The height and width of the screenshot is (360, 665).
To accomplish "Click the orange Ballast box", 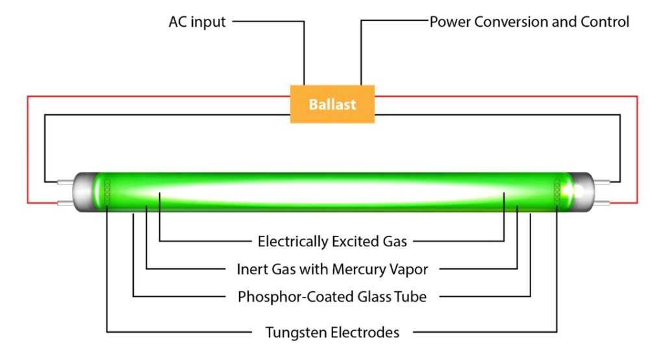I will pos(332,104).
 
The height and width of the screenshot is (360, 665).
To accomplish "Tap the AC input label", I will pos(197,21).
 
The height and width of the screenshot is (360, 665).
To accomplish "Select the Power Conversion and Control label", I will pos(529,21).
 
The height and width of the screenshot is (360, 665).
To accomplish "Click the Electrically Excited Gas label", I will pos(332,242).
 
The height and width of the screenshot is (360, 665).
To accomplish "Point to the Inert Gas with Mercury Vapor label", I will pos(332,269).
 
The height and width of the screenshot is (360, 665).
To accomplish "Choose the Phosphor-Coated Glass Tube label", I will pos(332,297).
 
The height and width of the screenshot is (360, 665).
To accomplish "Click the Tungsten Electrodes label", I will pos(332,333).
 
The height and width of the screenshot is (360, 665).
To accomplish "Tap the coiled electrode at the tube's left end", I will pos(107,191).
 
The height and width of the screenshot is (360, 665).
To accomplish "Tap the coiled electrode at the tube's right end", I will pos(557,191).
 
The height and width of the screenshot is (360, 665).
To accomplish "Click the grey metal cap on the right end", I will pos(582,192).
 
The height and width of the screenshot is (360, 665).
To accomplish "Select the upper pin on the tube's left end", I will pos(66,181).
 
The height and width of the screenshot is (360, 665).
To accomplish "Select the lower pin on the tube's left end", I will pos(66,203).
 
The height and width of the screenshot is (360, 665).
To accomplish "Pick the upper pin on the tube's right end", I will pos(601,181).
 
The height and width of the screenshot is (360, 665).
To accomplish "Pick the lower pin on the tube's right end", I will pos(601,203).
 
